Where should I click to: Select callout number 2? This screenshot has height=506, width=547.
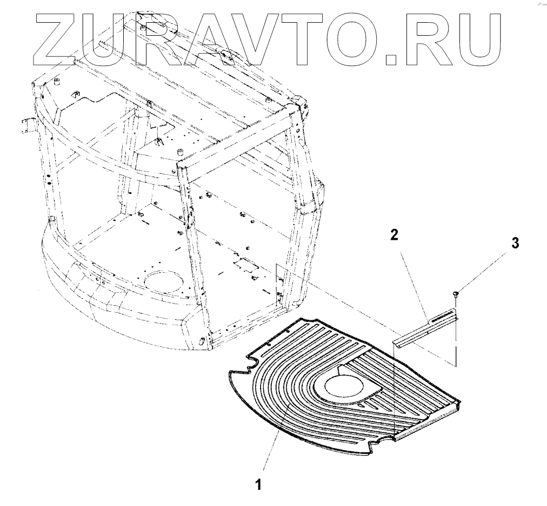pyautogui.click(x=393, y=235)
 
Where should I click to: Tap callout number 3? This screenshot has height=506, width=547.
pyautogui.click(x=515, y=243)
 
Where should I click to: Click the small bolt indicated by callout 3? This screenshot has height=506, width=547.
pyautogui.click(x=456, y=294)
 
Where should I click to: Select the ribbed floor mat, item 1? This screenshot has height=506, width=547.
pyautogui.click(x=303, y=411)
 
